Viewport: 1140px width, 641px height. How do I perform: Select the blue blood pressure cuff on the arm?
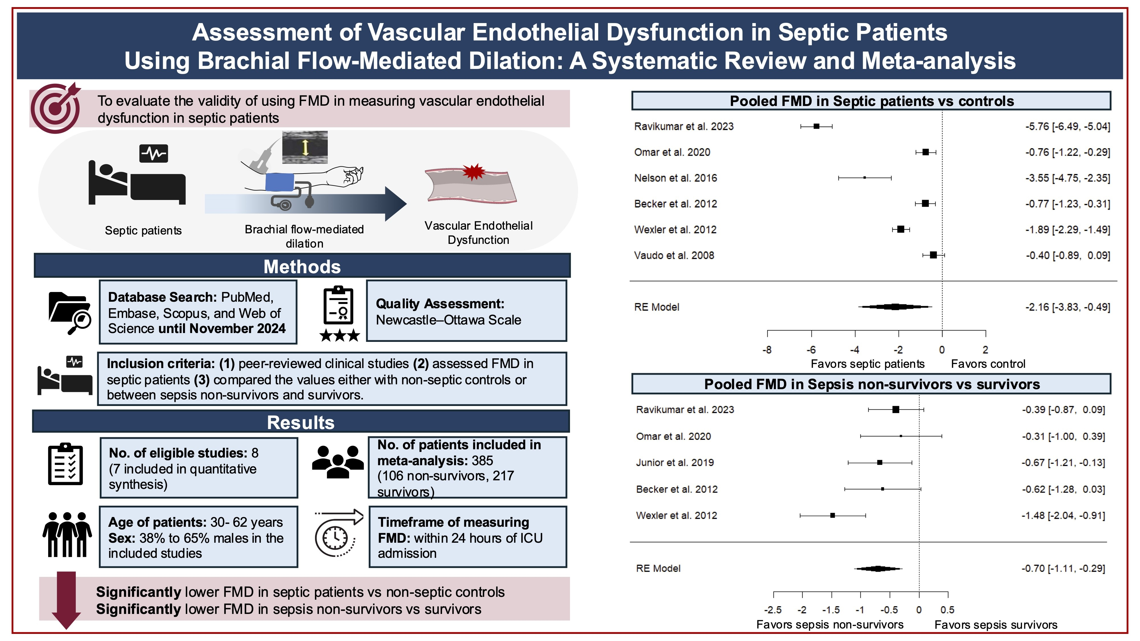280,182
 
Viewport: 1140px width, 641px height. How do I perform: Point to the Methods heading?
302,266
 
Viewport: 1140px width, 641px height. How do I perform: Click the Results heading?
301,422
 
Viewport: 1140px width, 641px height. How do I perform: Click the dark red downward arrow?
66,599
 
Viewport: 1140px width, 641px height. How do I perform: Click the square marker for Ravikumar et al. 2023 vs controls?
817,126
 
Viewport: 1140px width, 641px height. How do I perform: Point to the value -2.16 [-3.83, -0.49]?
1067,307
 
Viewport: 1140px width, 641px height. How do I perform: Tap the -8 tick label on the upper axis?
767,350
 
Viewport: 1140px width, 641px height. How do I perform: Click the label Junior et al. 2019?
675,463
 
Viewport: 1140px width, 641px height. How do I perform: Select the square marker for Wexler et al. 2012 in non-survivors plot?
832,515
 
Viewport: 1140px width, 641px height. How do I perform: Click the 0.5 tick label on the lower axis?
948,610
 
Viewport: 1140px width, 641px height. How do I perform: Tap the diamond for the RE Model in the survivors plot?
878,568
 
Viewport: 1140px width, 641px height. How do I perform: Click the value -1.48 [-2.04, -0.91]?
1063,515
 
